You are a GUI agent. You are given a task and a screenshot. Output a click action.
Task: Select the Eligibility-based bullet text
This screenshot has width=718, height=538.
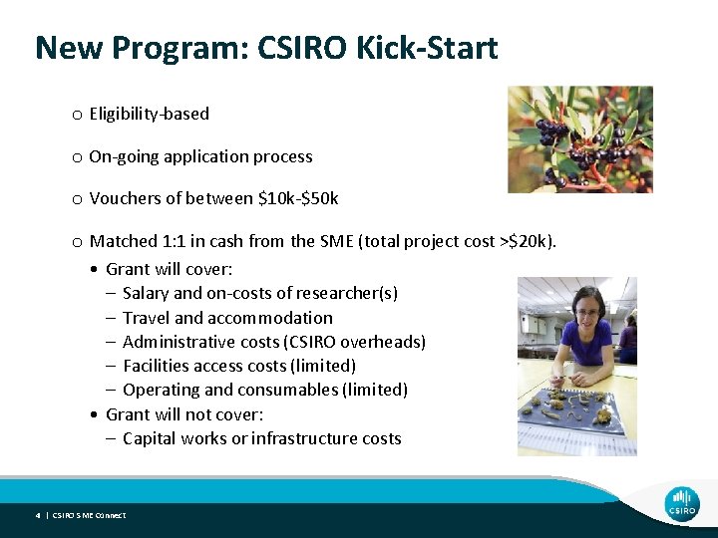point(149,114)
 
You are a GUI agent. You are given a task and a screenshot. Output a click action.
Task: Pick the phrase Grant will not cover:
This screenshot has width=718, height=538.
point(183,414)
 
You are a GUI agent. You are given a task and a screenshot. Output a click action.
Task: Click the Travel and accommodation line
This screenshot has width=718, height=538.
point(227,318)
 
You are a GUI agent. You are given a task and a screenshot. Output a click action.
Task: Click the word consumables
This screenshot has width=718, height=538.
point(288,390)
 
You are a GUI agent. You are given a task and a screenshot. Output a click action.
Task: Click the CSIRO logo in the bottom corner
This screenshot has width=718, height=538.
point(682,502)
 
